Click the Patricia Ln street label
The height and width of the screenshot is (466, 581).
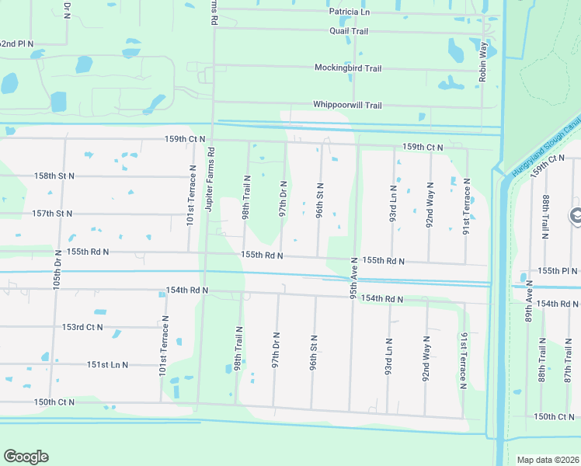coord(350,12)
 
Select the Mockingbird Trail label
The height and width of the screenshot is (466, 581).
coord(348,68)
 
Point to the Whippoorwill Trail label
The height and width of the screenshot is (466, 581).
coord(347,105)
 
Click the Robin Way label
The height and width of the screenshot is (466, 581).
coord(484,58)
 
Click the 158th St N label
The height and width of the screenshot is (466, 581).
coord(54,176)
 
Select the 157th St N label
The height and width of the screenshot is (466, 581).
coord(52,214)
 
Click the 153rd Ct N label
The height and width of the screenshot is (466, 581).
coord(83,327)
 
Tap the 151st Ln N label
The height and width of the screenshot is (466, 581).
coord(107,364)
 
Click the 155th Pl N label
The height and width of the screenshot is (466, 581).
coord(558,270)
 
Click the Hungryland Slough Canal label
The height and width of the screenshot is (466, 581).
coord(546,146)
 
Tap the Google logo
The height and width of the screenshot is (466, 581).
coord(26,457)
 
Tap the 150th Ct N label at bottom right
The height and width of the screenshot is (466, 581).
coord(555,417)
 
